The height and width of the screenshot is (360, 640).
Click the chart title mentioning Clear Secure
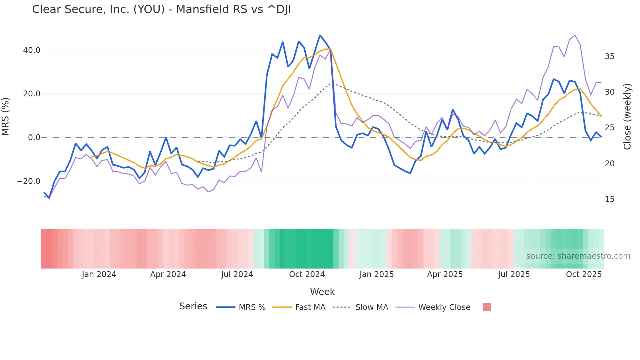coord(161,9)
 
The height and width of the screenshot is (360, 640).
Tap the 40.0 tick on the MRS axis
coord(32,50)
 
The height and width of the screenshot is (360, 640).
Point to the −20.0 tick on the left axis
coord(29,181)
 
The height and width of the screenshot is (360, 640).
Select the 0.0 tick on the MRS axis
coord(34,138)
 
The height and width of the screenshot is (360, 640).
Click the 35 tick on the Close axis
coord(609,57)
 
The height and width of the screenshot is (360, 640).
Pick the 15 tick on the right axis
coord(609,199)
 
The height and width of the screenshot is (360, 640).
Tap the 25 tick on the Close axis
coord(609,128)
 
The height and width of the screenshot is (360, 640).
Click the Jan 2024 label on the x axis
coord(99,274)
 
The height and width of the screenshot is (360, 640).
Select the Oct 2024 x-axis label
coord(307,274)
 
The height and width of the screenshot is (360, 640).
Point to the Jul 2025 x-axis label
coord(514,274)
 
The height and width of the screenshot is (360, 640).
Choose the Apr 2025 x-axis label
coord(445,274)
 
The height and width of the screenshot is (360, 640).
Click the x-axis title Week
coord(322,292)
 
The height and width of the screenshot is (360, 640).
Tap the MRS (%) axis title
coord(6,117)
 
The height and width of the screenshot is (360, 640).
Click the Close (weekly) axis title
coord(627,117)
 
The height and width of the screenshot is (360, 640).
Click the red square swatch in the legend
coord(487,307)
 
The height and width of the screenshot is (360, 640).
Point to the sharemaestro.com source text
coord(578,256)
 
